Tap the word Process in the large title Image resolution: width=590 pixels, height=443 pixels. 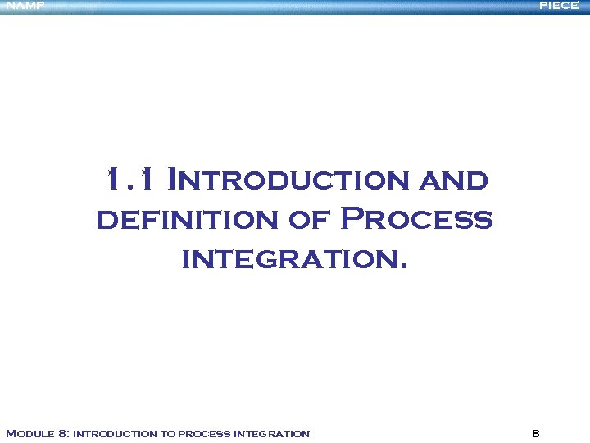416,219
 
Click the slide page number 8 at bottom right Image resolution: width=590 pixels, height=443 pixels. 535,433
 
